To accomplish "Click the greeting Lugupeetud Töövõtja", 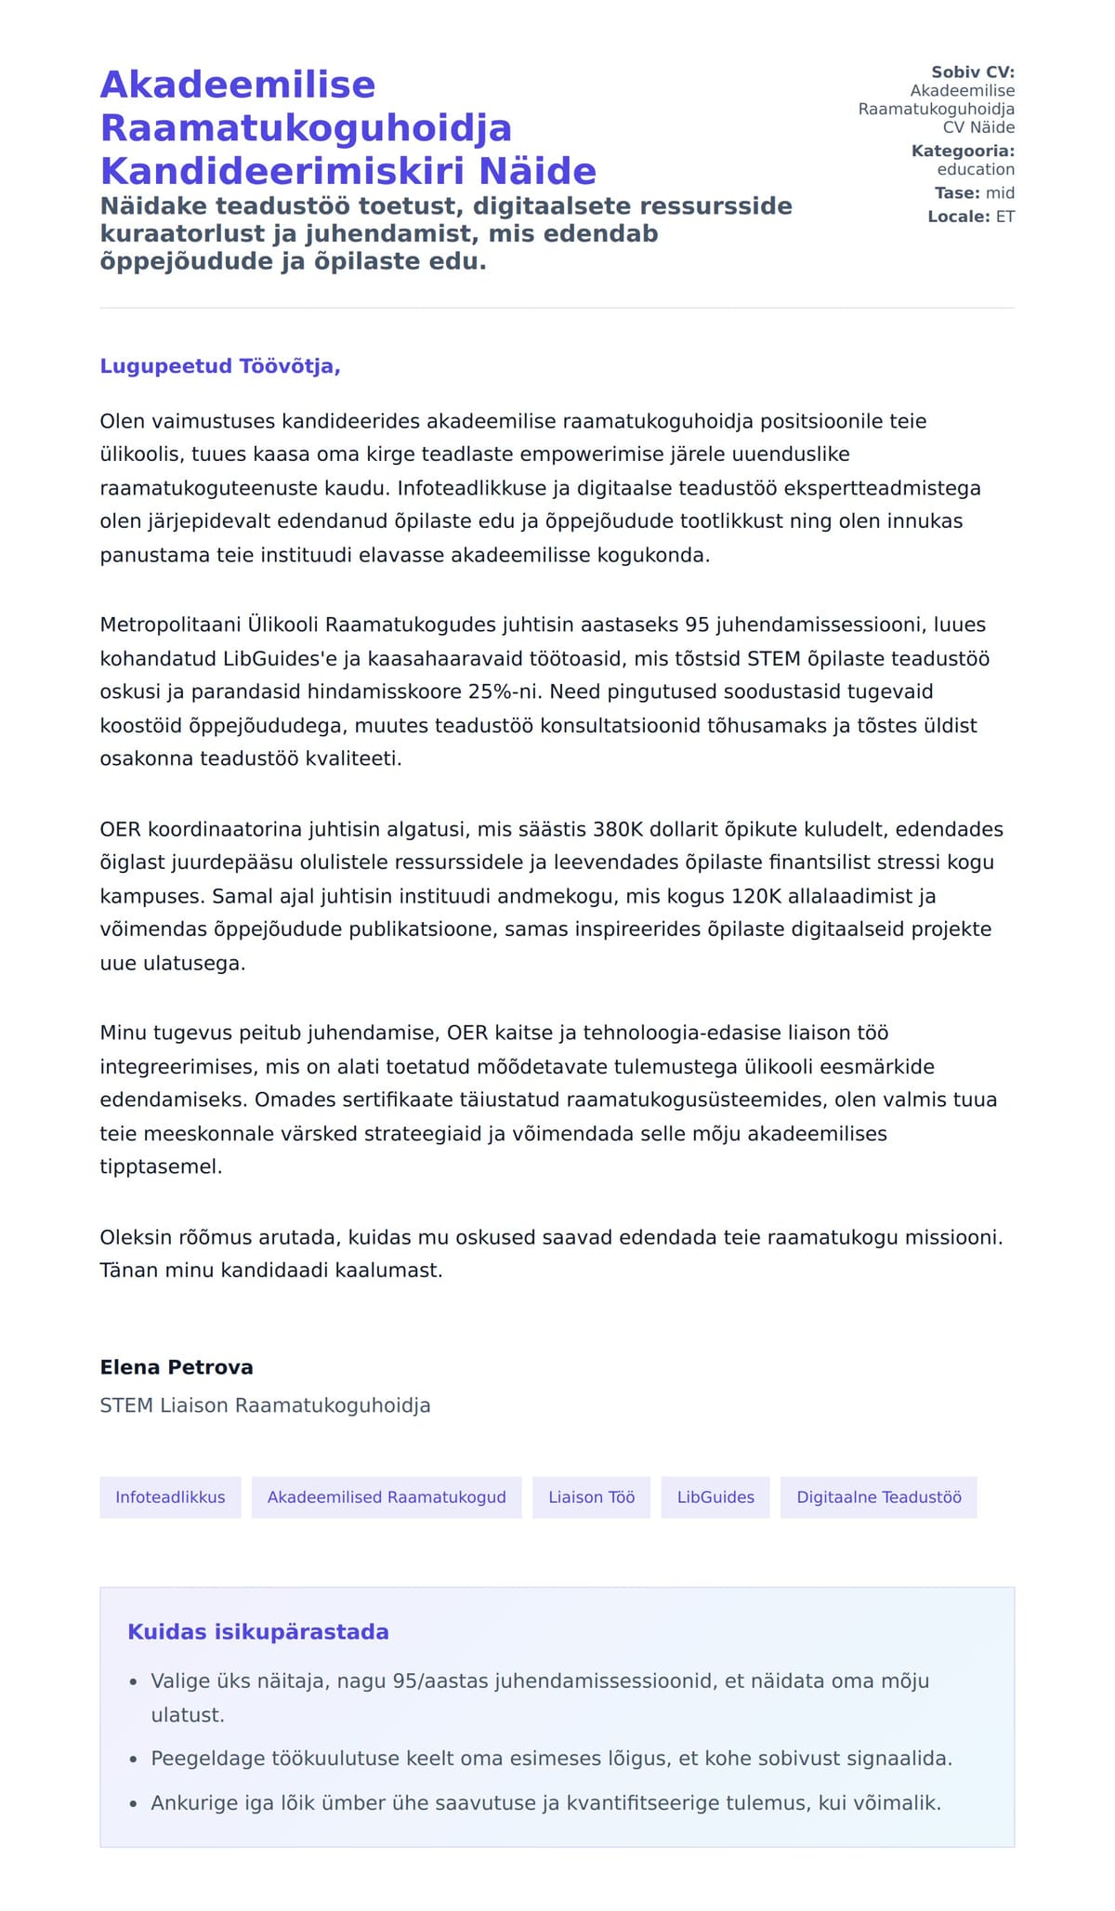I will pyautogui.click(x=220, y=366).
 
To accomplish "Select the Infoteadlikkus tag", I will pyautogui.click(x=170, y=1497).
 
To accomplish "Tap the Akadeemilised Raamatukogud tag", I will pyautogui.click(x=387, y=1497).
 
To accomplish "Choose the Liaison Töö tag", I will pyautogui.click(x=591, y=1497).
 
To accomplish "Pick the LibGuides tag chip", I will pyautogui.click(x=715, y=1497).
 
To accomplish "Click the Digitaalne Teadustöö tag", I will pyautogui.click(x=878, y=1497).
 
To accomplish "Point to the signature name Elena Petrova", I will pyautogui.click(x=177, y=1367).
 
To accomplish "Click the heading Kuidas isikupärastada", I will pyautogui.click(x=258, y=1632).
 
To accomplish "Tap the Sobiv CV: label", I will pyautogui.click(x=973, y=72).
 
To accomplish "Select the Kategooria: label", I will pyautogui.click(x=963, y=151).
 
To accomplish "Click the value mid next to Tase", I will pyautogui.click(x=1000, y=193).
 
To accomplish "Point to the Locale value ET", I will pyautogui.click(x=1005, y=217).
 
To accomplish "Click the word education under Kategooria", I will pyautogui.click(x=976, y=169).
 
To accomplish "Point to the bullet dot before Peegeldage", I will pyautogui.click(x=133, y=1759).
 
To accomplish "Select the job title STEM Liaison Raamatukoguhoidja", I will pyautogui.click(x=265, y=1405).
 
